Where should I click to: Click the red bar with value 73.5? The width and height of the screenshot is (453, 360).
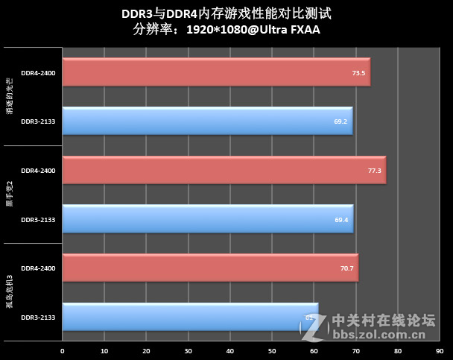click(216, 72)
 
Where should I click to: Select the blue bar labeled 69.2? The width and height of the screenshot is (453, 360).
click(207, 121)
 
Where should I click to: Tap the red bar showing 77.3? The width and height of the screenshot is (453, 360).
click(224, 171)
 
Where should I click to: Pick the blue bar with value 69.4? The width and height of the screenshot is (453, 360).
click(207, 219)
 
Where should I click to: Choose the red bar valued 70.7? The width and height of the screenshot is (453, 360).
click(210, 268)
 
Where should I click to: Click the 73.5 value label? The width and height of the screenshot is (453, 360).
click(358, 73)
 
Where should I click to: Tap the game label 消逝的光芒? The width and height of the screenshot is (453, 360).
click(10, 97)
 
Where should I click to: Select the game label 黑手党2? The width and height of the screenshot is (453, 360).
click(10, 195)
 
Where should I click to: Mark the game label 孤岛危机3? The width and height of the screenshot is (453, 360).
click(10, 291)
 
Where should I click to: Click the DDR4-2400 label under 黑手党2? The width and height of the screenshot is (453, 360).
click(38, 171)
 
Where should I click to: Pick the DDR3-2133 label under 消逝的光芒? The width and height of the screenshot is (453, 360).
click(38, 121)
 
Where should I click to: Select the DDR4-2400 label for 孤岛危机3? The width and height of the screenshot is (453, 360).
click(38, 268)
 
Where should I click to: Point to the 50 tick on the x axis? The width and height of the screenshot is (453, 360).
click(272, 350)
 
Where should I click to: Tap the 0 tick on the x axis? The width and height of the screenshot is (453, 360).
click(63, 350)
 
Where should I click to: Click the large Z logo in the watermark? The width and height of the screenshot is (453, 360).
click(316, 326)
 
